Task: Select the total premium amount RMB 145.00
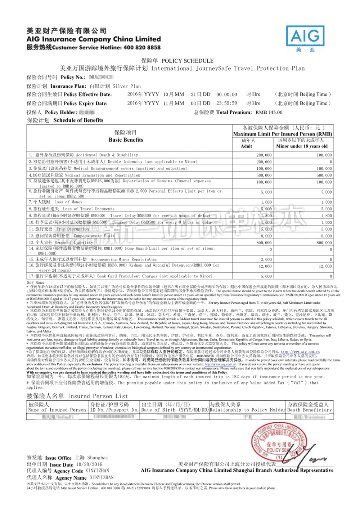(x=269, y=112)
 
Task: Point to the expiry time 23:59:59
(x=227, y=103)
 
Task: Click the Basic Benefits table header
(x=126, y=140)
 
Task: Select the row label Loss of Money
(x=68, y=202)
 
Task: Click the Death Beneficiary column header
(x=309, y=410)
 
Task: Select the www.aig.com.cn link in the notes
(x=300, y=352)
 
